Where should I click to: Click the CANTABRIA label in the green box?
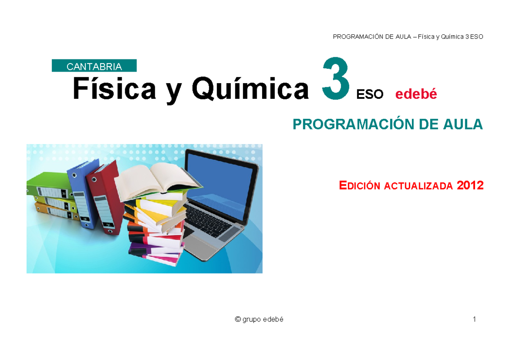tap(94, 66)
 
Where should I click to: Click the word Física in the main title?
tap(114, 89)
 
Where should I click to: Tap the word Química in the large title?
tap(250, 89)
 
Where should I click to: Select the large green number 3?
tap(336, 79)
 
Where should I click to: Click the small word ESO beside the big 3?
tap(370, 95)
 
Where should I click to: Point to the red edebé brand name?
tap(416, 94)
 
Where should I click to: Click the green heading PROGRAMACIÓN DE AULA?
tap(388, 125)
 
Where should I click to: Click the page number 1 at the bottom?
tap(474, 319)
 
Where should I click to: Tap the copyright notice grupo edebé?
tap(259, 319)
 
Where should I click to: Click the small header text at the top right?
tap(408, 36)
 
